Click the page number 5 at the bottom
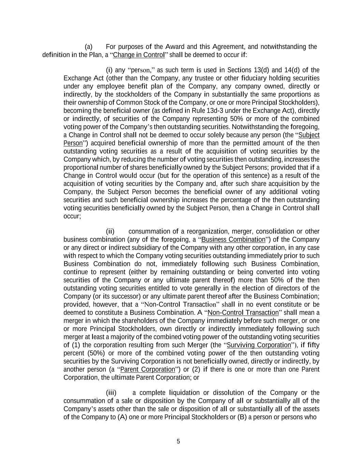(x=178, y=441)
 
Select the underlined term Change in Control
(x=139, y=55)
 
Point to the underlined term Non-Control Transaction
(x=243, y=313)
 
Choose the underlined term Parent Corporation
(x=147, y=369)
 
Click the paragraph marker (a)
(x=88, y=47)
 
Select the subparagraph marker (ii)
(x=110, y=231)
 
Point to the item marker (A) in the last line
(x=122, y=417)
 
